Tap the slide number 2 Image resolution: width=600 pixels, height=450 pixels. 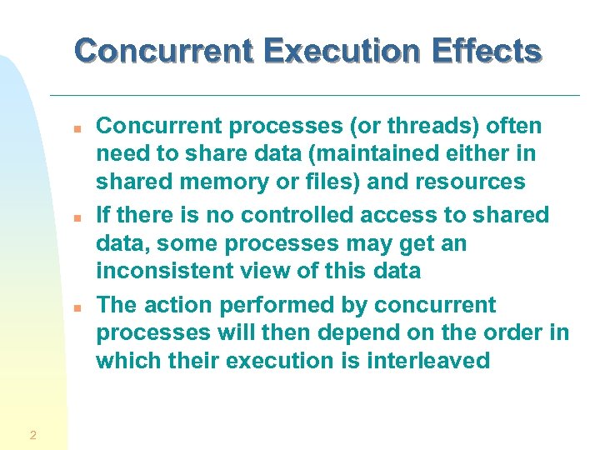32,434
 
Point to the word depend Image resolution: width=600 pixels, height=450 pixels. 397,332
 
